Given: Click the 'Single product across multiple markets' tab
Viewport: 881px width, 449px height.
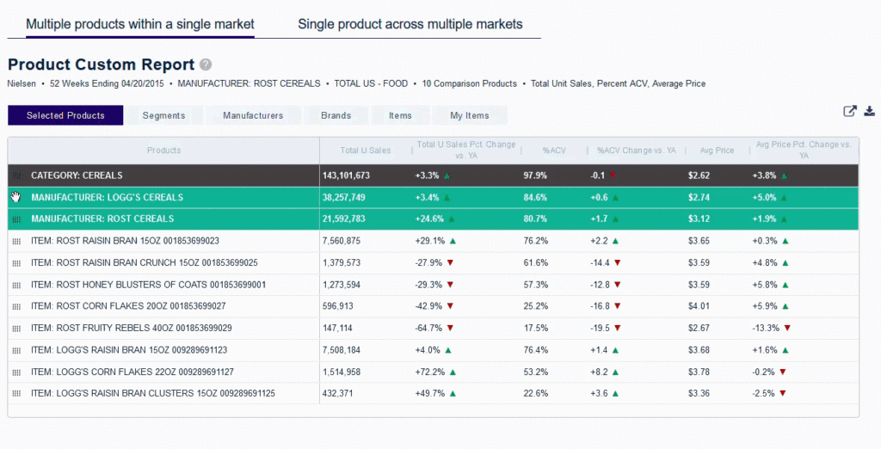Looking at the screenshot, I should [x=410, y=24].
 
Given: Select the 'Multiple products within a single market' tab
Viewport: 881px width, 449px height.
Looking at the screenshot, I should [x=139, y=24].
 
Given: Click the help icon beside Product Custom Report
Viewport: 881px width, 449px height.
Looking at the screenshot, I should [x=206, y=65].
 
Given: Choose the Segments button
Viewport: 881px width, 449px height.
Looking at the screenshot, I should [x=164, y=115].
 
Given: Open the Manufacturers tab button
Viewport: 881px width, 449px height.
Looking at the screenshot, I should [x=253, y=115].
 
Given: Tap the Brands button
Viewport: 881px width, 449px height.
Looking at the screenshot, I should [x=336, y=115].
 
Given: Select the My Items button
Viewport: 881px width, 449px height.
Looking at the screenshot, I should [x=470, y=115].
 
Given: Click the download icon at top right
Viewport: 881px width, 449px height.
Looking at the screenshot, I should [x=869, y=111].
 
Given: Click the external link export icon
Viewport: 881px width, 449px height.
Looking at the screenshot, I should [x=850, y=111].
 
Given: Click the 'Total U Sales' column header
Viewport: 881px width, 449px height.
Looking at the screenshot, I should [x=366, y=151].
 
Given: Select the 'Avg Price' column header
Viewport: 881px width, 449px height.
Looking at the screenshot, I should [x=718, y=151].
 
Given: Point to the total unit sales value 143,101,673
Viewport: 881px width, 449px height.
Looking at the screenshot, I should [x=346, y=175].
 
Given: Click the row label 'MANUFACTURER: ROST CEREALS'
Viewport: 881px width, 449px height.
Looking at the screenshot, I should [x=102, y=218].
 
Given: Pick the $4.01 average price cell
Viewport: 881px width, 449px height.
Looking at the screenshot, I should [x=699, y=305].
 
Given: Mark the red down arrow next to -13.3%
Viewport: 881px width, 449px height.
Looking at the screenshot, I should [x=786, y=328].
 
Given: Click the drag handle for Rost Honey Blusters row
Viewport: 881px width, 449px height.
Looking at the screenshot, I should [x=16, y=285].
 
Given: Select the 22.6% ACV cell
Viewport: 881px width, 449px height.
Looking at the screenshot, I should [x=536, y=393].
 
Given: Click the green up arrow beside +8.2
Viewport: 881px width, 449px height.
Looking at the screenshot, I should [x=617, y=372].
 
